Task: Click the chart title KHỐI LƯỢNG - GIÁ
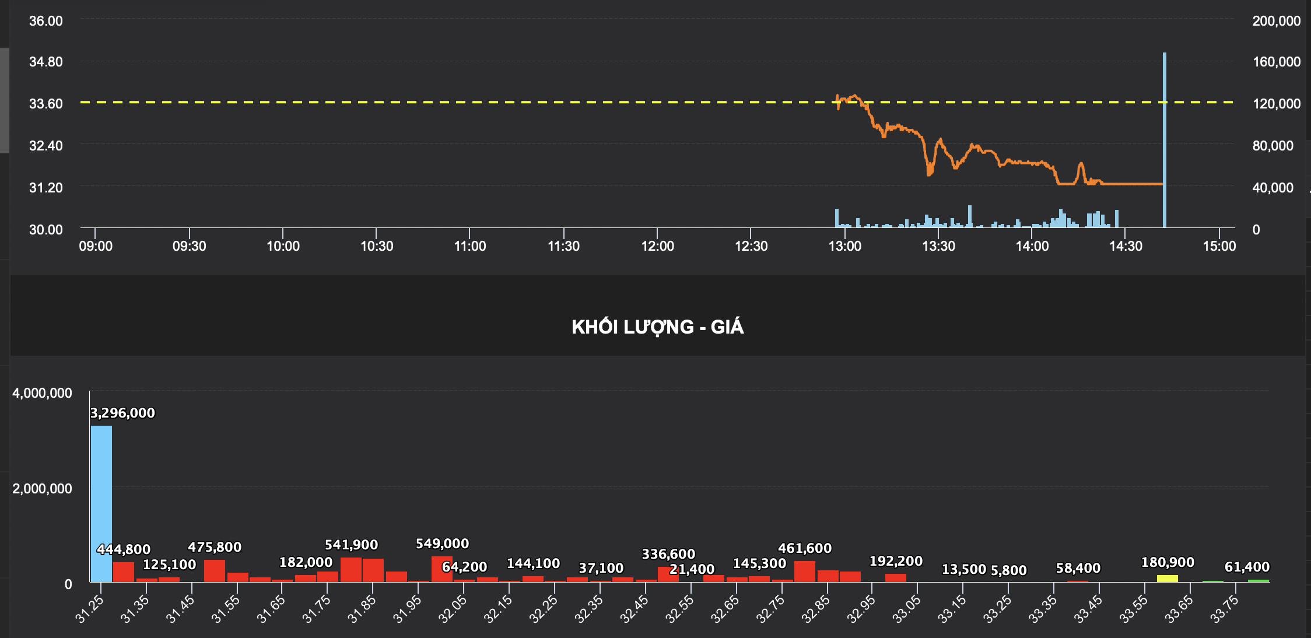[657, 327]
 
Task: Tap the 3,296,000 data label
[122, 413]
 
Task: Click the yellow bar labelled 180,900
[1167, 578]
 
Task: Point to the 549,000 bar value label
[442, 544]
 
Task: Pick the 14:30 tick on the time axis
[1126, 246]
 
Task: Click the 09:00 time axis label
[96, 246]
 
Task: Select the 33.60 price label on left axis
[45, 104]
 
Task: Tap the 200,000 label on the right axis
[1276, 21]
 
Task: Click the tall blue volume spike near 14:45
[1165, 140]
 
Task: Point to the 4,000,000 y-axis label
[42, 393]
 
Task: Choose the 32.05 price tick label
[453, 609]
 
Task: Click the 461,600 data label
[805, 548]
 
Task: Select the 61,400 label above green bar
[1247, 567]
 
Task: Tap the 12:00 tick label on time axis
[657, 246]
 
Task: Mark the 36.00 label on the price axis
[45, 21]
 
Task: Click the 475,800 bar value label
[215, 547]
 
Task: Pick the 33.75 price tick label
[1224, 609]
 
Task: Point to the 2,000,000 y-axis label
[42, 489]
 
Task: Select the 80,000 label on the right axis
[1273, 146]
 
